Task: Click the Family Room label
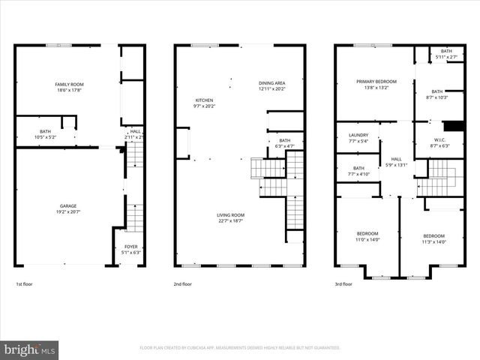[67, 86]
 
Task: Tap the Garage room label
[68, 208]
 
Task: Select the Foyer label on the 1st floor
[131, 249]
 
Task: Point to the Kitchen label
[204, 103]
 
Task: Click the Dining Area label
[271, 85]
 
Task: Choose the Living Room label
[230, 217]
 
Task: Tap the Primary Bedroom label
[376, 84]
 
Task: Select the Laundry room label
[358, 138]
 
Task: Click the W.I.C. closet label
[440, 142]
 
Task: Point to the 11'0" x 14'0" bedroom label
[367, 236]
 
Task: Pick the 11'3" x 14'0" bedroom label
[433, 239]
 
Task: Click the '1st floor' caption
[25, 284]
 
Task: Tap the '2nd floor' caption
[183, 284]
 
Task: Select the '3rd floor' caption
[344, 284]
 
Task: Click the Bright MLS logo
[30, 349]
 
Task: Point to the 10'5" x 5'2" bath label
[46, 134]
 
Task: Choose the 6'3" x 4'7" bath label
[284, 143]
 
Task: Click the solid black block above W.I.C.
[454, 126]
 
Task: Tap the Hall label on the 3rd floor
[396, 161]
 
